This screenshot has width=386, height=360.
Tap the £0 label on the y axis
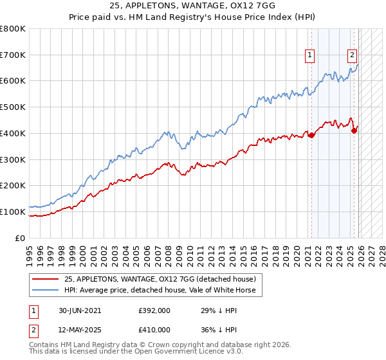coord(21,238)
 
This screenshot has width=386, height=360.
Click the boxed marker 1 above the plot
coord(310,56)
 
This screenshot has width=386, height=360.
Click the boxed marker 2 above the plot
coord(353,56)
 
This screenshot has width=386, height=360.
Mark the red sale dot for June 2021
coord(312,135)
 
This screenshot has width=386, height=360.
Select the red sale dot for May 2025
coord(354,130)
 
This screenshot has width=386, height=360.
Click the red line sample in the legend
coord(46,279)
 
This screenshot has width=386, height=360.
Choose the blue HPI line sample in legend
coord(46,290)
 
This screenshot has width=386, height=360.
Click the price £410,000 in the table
coord(154,330)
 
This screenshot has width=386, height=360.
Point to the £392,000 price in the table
coord(154,310)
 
